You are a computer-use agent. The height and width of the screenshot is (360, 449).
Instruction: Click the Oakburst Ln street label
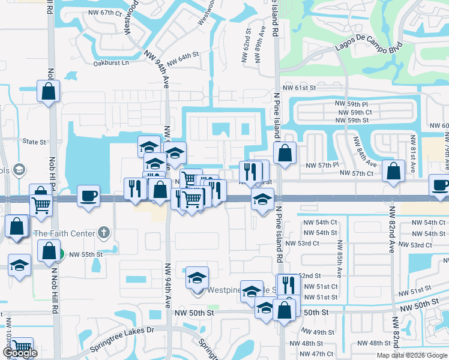pyautogui.click(x=112, y=62)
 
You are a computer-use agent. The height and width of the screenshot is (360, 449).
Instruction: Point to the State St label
pyautogui.click(x=34, y=142)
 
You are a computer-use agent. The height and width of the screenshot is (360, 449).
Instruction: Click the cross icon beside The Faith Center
pyautogui.click(x=103, y=232)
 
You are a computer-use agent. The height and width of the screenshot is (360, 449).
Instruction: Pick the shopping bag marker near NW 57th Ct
pyautogui.click(x=393, y=170)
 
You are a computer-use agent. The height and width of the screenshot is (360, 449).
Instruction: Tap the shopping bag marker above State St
pyautogui.click(x=49, y=91)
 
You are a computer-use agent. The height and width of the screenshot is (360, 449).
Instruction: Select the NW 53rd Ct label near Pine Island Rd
pyautogui.click(x=303, y=244)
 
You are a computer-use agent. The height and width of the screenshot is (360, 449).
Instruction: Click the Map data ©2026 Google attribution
pyautogui.click(x=412, y=355)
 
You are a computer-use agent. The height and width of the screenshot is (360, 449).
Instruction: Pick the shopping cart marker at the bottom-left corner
pyautogui.click(x=22, y=346)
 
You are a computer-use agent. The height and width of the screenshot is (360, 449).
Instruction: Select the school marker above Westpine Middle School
pyautogui.click(x=197, y=277)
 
